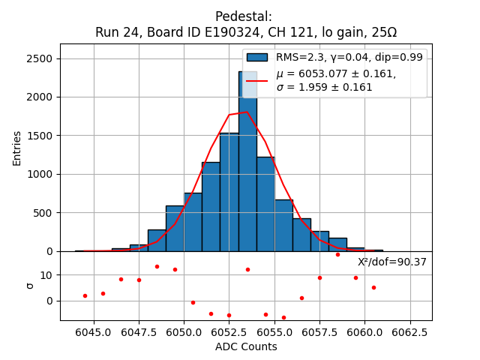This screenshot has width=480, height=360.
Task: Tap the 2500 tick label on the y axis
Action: [x=43, y=58]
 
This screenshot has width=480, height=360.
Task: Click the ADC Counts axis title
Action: [x=246, y=346]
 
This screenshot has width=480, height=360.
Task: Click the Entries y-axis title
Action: [x=17, y=148]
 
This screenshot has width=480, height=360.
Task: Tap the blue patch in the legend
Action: [x=257, y=57]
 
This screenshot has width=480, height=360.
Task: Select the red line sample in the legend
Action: [x=257, y=80]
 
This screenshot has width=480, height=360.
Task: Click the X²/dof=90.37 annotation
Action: [x=391, y=262]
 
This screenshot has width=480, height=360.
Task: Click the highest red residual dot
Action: [x=337, y=254]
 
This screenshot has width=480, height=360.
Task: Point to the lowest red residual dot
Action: [x=283, y=317]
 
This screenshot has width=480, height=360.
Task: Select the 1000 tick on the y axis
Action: [x=43, y=174]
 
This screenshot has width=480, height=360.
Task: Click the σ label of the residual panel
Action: [x=30, y=286]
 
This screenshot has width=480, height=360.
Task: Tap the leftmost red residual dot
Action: [x=85, y=295]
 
